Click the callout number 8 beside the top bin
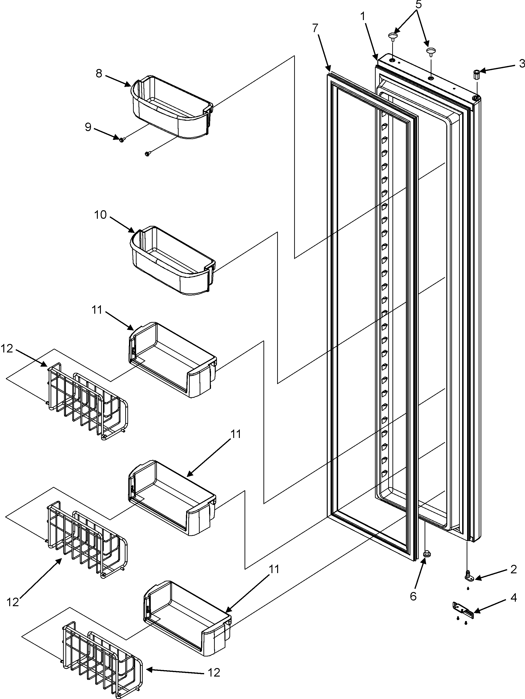(99, 74)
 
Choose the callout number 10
(100, 215)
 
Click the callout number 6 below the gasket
(413, 596)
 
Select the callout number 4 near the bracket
(513, 598)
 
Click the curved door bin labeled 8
(172, 109)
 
